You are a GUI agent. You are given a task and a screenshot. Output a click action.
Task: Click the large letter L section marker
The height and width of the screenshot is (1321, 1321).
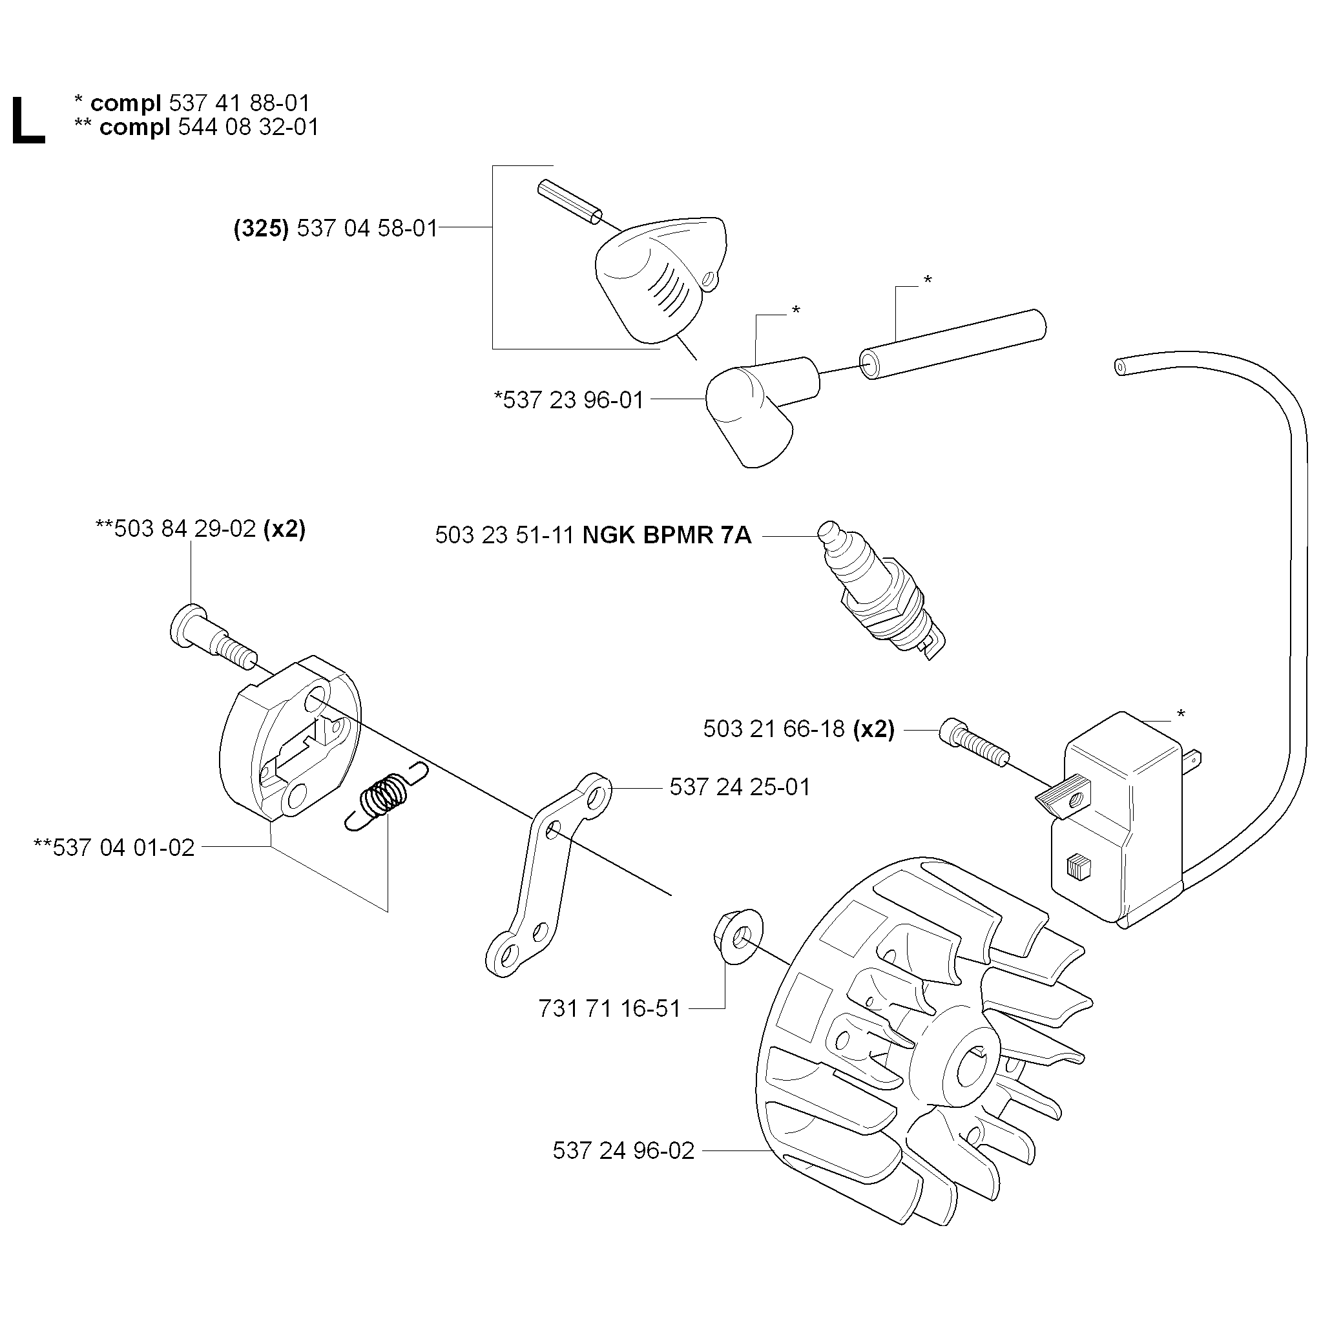coord(28,121)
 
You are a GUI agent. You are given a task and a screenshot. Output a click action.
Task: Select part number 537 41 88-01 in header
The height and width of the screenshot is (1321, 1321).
coord(239,103)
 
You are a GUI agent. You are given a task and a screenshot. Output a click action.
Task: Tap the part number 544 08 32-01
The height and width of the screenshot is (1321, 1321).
coord(248,127)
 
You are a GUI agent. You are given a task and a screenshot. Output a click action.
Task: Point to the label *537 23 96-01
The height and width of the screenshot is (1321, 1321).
coord(570,399)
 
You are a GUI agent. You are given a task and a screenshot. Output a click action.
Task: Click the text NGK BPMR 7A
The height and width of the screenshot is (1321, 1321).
coord(667,535)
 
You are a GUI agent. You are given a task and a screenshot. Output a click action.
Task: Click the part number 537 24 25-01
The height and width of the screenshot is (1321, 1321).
coord(740,787)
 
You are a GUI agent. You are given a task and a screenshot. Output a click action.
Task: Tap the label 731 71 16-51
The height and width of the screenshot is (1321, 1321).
coord(609,1008)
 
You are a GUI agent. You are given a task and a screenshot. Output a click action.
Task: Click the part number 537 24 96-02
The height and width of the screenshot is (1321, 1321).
coord(623,1150)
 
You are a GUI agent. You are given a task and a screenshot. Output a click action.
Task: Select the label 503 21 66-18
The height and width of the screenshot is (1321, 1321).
coord(774,729)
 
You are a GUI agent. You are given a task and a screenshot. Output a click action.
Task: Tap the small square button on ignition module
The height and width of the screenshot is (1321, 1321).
coord(1077,867)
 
